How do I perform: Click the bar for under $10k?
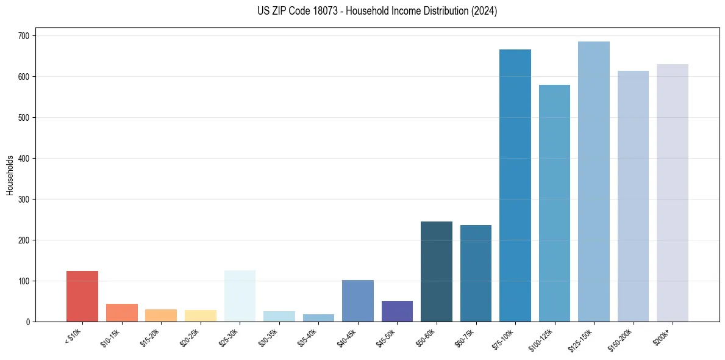point(82,296)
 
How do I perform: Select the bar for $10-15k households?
point(121,312)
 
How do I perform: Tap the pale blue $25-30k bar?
point(240,296)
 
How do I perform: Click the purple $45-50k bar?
point(397,311)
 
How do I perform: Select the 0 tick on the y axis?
point(29,322)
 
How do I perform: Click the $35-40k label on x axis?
point(310,337)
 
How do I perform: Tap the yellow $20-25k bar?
point(201,315)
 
